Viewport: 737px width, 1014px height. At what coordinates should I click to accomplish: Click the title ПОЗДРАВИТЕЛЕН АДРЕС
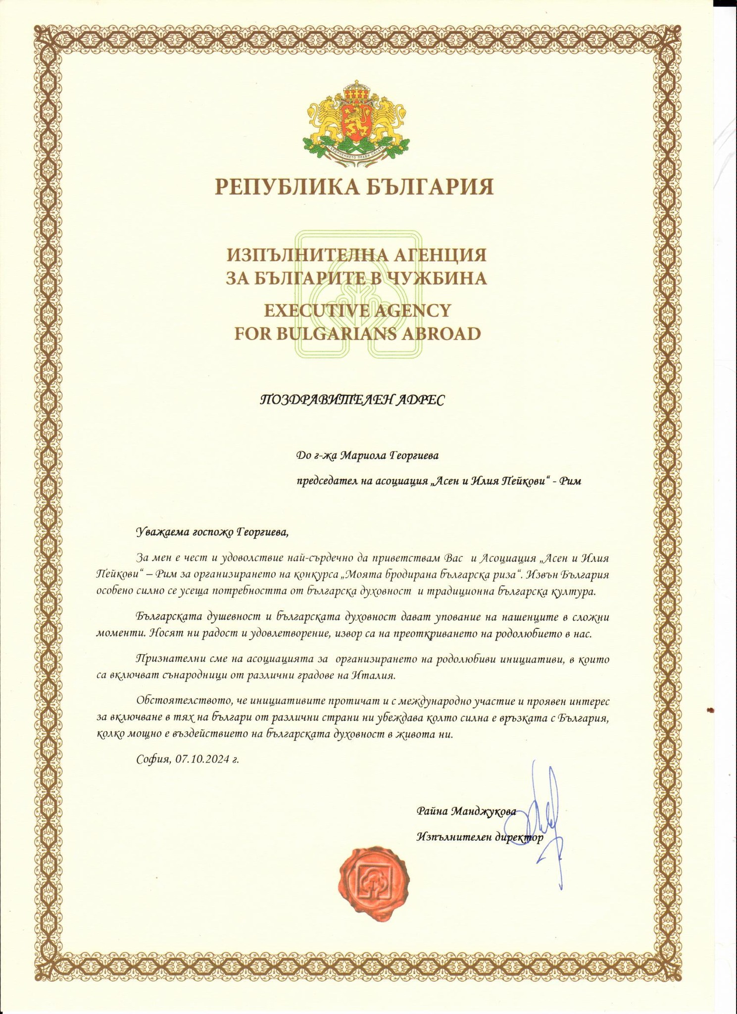click(352, 400)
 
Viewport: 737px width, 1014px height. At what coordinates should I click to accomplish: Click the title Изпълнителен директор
click(480, 837)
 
